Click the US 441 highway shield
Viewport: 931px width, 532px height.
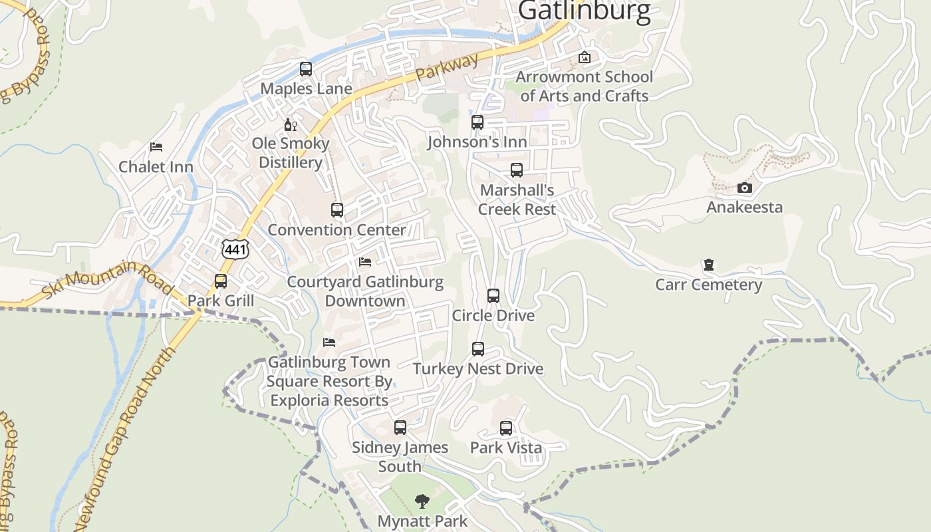click(235, 249)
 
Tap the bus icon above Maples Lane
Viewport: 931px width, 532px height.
click(306, 68)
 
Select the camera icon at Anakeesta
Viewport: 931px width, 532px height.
click(745, 188)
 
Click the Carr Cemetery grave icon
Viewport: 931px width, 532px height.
click(709, 265)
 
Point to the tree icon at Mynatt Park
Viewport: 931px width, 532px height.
click(422, 501)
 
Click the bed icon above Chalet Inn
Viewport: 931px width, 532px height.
click(156, 147)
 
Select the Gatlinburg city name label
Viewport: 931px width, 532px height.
click(584, 11)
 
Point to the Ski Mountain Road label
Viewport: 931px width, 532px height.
click(106, 279)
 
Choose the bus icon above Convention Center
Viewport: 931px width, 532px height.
click(337, 210)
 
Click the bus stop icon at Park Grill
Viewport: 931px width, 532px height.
click(221, 281)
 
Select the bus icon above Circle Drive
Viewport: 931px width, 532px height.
click(493, 296)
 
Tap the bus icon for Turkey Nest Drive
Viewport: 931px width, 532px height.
click(478, 349)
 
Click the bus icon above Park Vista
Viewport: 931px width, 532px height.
click(506, 428)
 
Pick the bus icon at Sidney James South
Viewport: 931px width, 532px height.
click(400, 428)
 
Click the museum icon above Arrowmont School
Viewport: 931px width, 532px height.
click(585, 58)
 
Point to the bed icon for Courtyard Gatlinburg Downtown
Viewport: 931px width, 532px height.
click(365, 262)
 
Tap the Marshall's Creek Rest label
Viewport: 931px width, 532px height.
click(517, 199)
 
